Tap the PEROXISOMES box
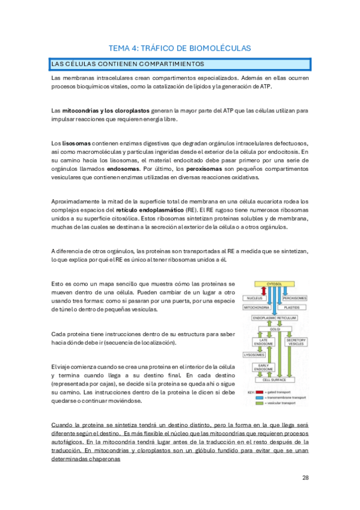point(294,298)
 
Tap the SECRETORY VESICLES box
point(296,341)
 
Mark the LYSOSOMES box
point(254,355)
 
